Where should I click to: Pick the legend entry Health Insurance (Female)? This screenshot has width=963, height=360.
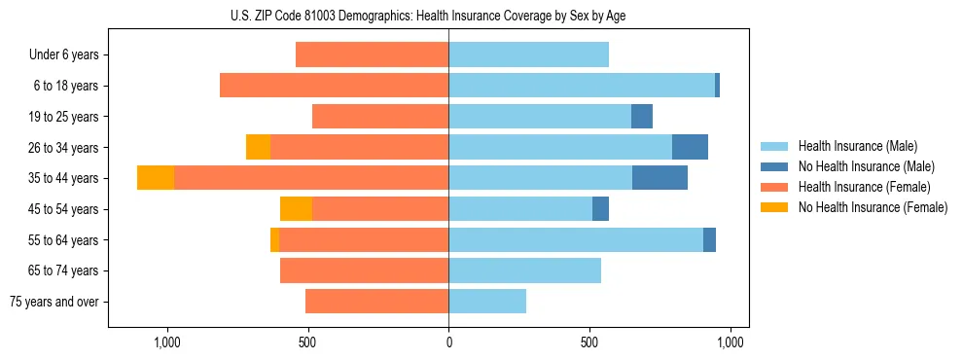point(857,187)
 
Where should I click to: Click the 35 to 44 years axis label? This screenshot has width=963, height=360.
point(64,178)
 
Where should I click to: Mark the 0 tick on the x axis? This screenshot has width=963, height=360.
point(448,342)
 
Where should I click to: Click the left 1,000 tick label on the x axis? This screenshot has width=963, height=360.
point(167,342)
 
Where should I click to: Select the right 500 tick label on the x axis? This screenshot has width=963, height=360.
point(589,342)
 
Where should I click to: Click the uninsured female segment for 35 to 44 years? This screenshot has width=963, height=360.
point(156,178)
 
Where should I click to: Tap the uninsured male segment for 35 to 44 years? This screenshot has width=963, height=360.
point(660,178)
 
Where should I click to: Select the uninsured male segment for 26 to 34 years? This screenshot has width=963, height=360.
point(690,147)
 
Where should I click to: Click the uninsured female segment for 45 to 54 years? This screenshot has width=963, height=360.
point(296,209)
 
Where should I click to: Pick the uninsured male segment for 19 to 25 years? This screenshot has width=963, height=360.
point(642,117)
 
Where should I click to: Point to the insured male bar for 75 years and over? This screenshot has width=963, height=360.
point(487,302)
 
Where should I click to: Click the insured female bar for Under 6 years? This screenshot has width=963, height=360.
point(372,54)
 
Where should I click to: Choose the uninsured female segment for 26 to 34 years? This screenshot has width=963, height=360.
point(258,147)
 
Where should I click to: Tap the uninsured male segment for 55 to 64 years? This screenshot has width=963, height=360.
point(709,239)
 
